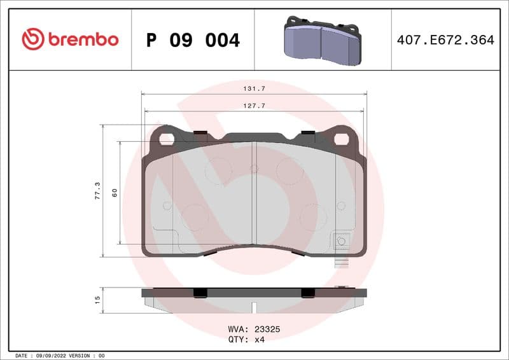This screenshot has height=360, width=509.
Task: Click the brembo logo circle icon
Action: tap(33, 39)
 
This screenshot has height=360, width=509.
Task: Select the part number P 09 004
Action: tap(193, 40)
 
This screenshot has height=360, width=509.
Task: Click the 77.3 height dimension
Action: tap(97, 190)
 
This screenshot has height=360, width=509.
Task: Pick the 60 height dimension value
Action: tap(115, 192)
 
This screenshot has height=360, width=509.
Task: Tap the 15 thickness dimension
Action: tap(97, 299)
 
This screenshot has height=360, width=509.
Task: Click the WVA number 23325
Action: tap(268, 330)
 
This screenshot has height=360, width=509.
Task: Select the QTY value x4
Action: tap(258, 340)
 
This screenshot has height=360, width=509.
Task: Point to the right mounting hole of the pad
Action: tap(342, 138)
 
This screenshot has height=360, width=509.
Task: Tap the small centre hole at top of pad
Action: tap(254, 169)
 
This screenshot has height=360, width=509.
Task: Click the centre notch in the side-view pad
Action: tap(254, 306)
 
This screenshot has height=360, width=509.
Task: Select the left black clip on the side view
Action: tap(200, 292)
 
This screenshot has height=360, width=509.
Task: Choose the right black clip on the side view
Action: tap(308, 292)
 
